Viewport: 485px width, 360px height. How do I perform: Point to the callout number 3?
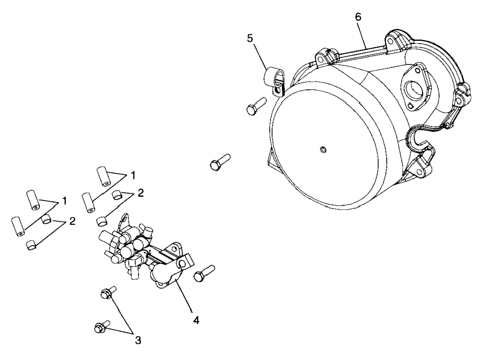coord(138,340)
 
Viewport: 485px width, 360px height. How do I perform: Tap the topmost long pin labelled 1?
coord(104,176)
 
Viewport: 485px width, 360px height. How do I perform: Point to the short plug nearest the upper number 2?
coord(117,195)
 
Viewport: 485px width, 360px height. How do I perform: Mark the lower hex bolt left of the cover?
coord(219,161)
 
